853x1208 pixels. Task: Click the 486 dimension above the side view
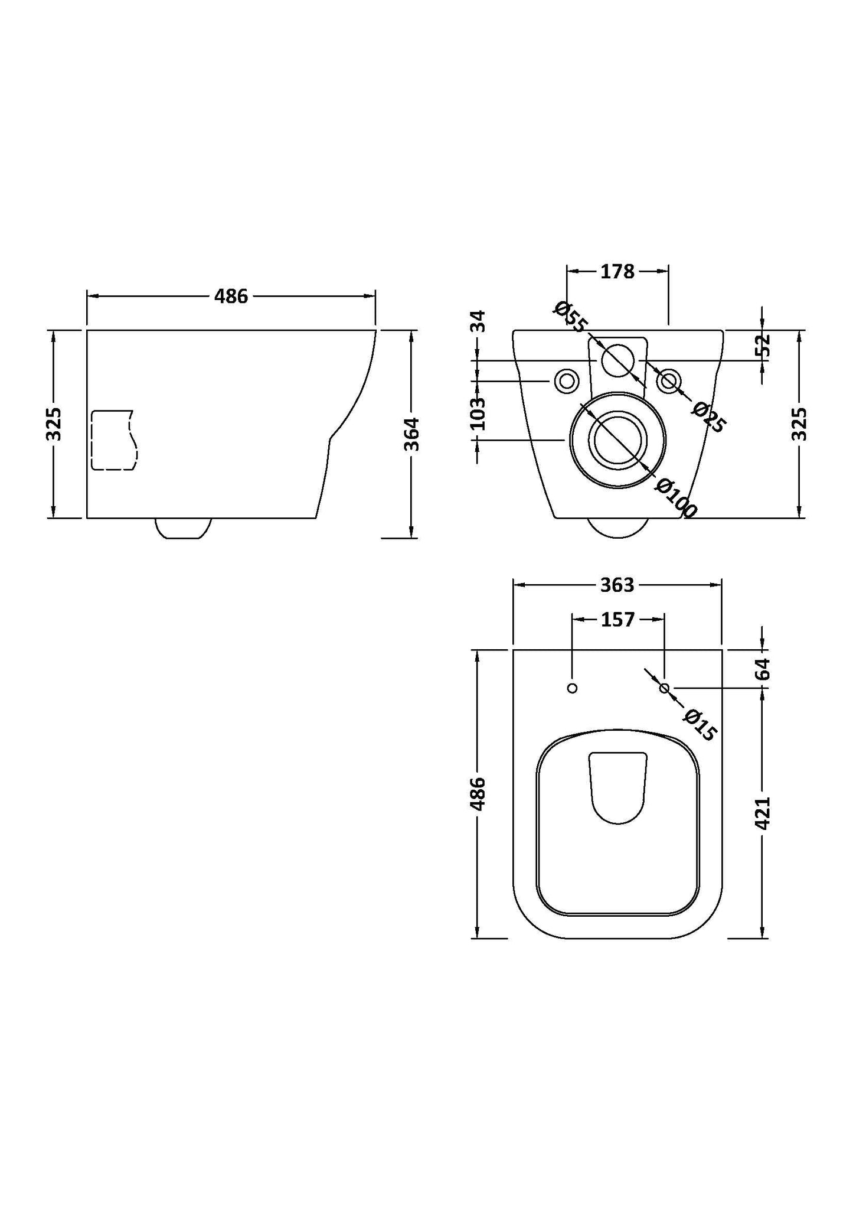click(231, 297)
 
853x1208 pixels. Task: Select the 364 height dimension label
click(411, 434)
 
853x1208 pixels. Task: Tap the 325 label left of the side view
click(54, 424)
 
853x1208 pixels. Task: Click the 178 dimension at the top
click(617, 271)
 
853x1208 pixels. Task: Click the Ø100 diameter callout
click(676, 498)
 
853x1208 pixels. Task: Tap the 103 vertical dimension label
click(478, 413)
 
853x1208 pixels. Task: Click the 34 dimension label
click(479, 321)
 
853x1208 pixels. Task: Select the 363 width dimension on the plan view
click(617, 585)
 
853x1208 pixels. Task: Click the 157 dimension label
click(617, 620)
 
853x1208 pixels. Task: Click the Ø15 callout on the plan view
click(700, 725)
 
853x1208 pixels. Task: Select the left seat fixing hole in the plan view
click(571, 688)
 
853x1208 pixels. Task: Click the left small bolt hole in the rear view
click(566, 381)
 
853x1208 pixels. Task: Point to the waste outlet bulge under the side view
click(183, 528)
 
